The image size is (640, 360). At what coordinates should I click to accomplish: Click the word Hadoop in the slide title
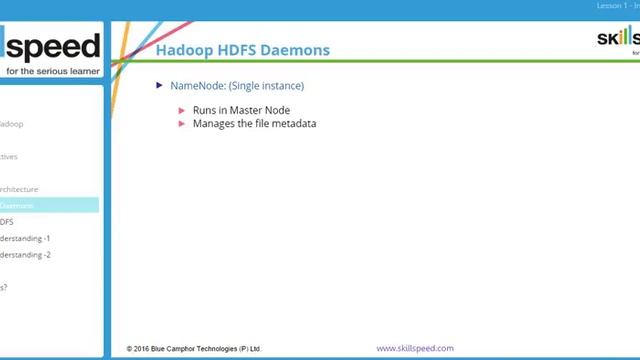click(x=184, y=50)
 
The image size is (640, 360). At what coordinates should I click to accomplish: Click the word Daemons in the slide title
click(x=295, y=50)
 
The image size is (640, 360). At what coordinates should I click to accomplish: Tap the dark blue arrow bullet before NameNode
click(x=160, y=86)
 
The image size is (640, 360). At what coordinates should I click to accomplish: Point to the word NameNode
click(x=197, y=86)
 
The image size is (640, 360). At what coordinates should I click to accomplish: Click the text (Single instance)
click(x=266, y=86)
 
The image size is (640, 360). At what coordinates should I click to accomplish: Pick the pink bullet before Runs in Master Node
click(x=182, y=110)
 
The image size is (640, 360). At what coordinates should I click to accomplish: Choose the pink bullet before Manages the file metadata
click(x=182, y=123)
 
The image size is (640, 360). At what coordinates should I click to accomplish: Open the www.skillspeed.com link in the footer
click(x=415, y=348)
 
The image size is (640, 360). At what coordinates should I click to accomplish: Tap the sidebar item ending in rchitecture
click(x=19, y=188)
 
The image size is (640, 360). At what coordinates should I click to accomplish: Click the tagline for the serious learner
click(x=53, y=71)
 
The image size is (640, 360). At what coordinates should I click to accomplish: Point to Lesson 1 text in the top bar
click(x=611, y=6)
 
